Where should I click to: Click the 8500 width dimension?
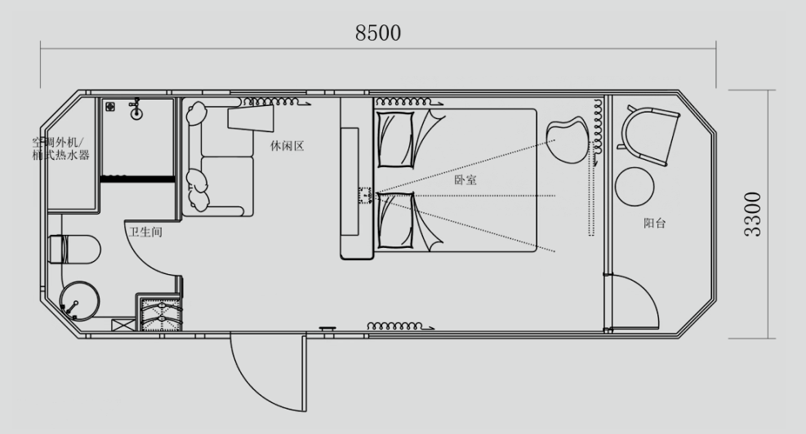click(378, 33)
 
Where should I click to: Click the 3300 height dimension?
click(755, 215)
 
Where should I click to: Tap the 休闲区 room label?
click(287, 146)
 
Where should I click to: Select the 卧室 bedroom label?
click(465, 180)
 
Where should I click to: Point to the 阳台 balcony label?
click(654, 223)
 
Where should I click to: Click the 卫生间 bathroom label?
click(145, 232)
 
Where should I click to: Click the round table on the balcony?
click(635, 187)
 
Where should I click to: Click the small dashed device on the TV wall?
click(364, 196)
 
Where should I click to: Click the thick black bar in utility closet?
click(137, 178)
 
